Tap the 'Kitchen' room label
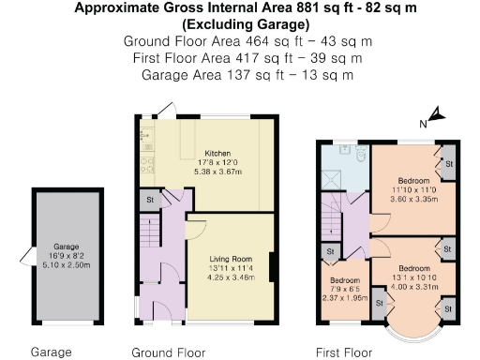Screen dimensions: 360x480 click(217, 154)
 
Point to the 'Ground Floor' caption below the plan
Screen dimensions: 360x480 click(168, 352)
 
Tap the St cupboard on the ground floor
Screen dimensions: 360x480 click(149, 200)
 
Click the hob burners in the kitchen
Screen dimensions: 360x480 click(145, 166)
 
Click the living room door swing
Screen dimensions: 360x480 click(194, 226)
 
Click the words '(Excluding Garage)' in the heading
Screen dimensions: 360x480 click(239, 25)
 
